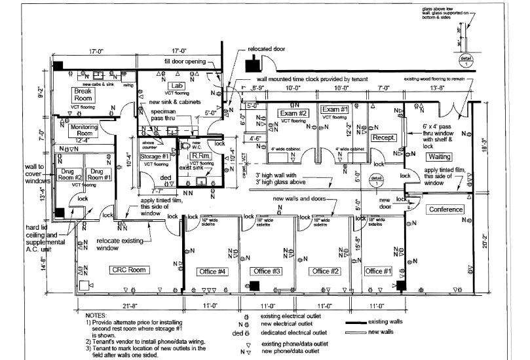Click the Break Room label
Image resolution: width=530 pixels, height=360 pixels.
coord(83,94)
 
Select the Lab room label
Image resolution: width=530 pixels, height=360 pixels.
coord(176,86)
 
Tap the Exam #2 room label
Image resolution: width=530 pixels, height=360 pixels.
coord(293,112)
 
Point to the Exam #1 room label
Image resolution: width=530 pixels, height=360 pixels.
coord(334,109)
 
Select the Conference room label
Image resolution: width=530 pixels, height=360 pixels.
coord(445,209)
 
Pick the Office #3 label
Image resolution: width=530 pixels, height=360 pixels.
coord(267,271)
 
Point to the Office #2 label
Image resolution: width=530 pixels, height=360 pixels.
coord(325,271)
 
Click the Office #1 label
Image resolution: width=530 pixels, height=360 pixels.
coord(378,271)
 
